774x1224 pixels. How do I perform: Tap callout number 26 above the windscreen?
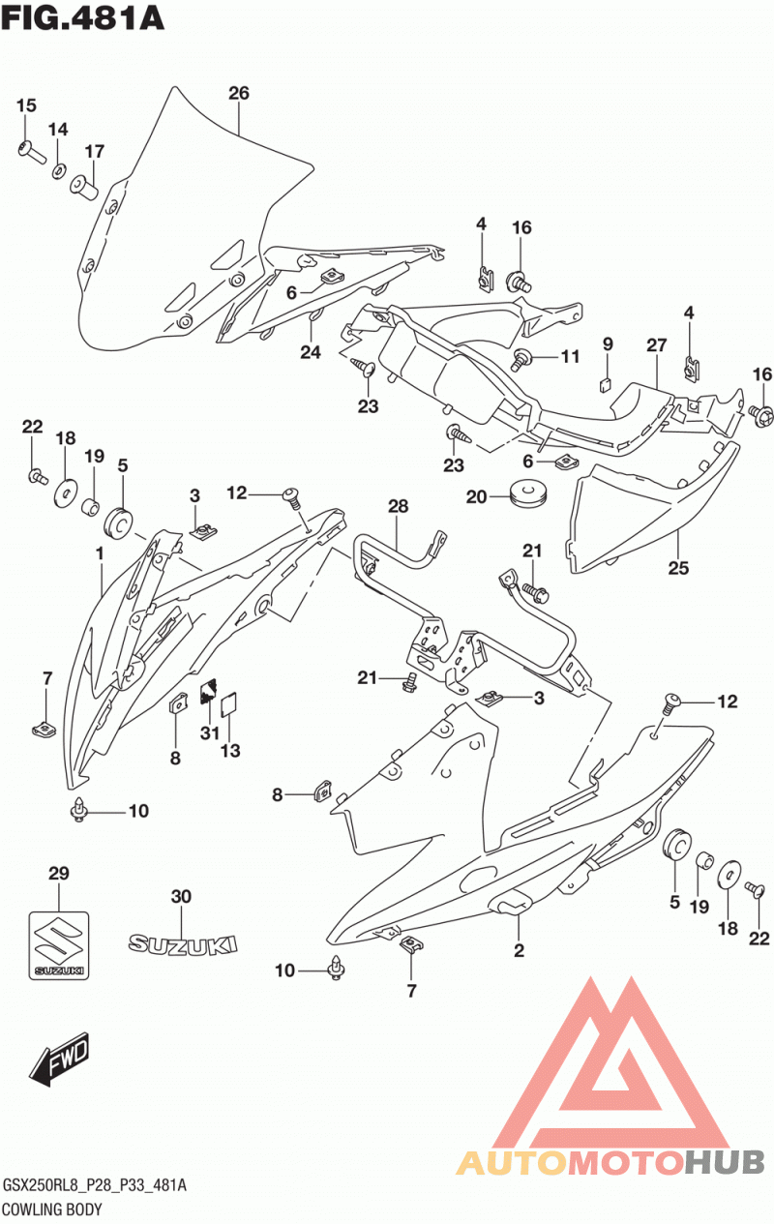pos(239,94)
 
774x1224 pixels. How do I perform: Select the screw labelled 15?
pos(31,151)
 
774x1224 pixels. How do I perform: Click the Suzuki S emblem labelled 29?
pos(58,945)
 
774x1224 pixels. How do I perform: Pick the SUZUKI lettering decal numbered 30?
pos(183,944)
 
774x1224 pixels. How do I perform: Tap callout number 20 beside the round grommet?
pos(476,496)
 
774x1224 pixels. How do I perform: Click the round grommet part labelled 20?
pos(529,494)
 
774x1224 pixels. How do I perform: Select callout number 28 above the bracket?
pos(399,506)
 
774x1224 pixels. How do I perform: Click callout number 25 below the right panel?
pos(678,568)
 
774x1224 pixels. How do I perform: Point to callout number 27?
pos(657,344)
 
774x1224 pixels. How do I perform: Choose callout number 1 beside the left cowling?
pos(100,554)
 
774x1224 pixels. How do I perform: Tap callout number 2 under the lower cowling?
pos(519,950)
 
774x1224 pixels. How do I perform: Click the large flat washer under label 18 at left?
pos(66,494)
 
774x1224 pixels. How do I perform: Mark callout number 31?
pos(210,732)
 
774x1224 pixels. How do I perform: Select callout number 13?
pos(230,750)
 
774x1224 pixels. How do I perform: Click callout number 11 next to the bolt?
pos(570,356)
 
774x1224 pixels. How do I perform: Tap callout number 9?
pos(608,343)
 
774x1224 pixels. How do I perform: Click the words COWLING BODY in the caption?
pos(52,1209)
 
